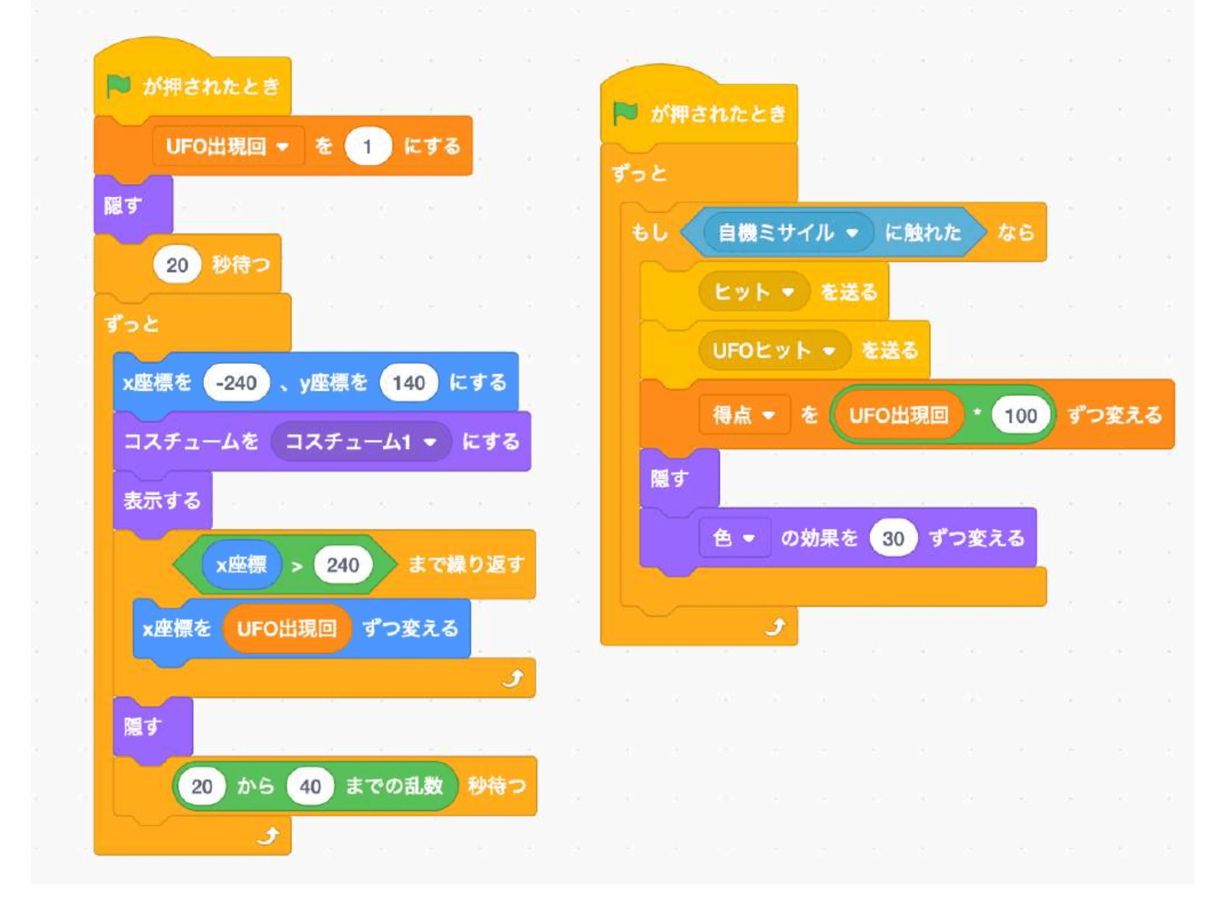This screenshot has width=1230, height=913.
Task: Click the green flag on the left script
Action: pos(119,86)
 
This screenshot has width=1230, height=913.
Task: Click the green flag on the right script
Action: pos(625,113)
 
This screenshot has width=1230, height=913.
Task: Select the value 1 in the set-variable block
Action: pos(367,147)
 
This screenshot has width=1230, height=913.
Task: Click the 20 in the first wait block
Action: pos(177,265)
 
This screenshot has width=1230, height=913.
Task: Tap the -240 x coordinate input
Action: pos(236,382)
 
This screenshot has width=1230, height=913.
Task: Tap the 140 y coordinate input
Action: pos(409,382)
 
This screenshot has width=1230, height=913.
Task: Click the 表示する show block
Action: pos(162,500)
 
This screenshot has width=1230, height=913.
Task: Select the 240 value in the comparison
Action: pos(343,565)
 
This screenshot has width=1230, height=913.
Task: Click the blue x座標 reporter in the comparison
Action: pos(241,565)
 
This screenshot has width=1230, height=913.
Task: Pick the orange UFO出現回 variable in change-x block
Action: pos(287,629)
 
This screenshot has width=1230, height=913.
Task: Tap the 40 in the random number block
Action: pos(310,786)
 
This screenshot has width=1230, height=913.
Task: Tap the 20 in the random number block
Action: pos(202,786)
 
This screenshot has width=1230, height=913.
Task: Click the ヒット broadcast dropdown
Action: pos(753,292)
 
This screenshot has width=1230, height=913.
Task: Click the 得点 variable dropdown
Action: pos(744,414)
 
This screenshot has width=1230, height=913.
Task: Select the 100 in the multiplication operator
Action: pos(1021,415)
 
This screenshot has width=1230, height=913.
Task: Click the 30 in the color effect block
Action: pos(892,538)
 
